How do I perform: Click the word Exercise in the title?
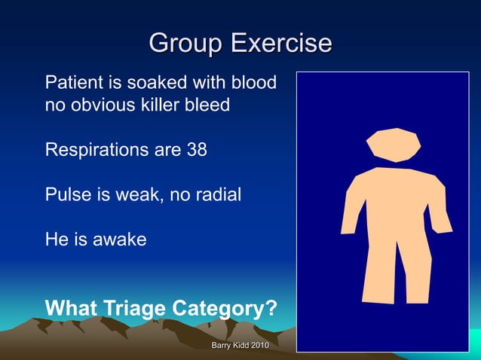click(280, 43)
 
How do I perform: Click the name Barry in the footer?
click(221, 345)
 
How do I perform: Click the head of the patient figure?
click(393, 144)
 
